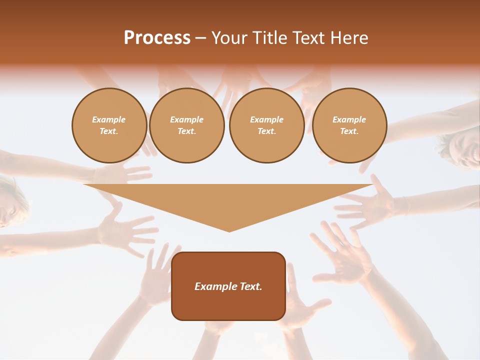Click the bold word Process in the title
coord(157,38)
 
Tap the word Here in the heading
coord(348,38)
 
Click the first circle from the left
coord(109,125)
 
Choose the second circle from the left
coord(186,125)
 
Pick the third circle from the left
coord(266,125)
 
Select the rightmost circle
coord(349,125)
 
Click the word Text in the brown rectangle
coord(250,286)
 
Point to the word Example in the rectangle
coord(215,286)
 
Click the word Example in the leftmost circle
coord(109,120)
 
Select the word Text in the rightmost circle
coord(349,131)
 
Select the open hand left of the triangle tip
coord(125,227)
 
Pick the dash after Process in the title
coord(200,38)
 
